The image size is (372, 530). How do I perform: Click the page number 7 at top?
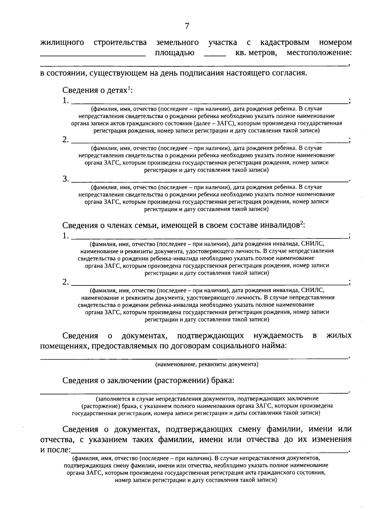point(187,26)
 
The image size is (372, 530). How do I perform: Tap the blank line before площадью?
point(93,55)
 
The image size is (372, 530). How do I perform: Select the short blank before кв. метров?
point(215,55)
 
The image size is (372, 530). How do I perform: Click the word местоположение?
point(319,53)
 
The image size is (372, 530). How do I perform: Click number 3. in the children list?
point(65,179)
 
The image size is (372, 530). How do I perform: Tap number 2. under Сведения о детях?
point(65,140)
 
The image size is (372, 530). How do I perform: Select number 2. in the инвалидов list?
point(65,282)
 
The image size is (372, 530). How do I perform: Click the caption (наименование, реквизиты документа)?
point(207,364)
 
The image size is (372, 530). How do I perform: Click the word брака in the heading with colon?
point(222,380)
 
